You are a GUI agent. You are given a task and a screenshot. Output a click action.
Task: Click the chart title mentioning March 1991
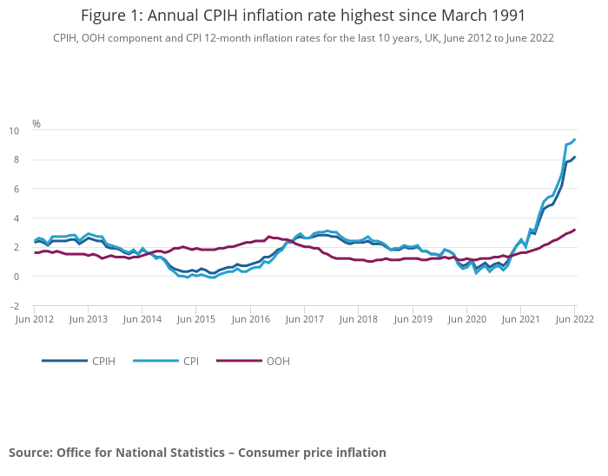point(303,16)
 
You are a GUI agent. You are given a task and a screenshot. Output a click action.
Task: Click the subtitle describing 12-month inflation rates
point(303,38)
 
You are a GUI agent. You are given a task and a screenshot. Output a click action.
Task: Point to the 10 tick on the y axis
point(14,131)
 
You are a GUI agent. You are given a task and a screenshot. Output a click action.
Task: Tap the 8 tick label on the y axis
point(17,160)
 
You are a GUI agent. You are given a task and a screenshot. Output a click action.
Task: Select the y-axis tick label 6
point(17,189)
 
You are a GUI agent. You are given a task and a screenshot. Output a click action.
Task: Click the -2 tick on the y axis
point(14,306)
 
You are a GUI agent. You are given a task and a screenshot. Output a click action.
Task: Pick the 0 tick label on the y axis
point(17,277)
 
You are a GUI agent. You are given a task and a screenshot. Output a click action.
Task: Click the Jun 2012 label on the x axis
point(35,319)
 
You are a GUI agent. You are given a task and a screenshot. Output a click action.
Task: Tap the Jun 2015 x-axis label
point(197,319)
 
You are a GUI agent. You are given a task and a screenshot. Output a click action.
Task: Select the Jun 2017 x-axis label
point(305,319)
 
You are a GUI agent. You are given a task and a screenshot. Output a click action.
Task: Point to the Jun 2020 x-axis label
point(467,319)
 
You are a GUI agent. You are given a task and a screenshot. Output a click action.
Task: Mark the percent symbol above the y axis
point(36,124)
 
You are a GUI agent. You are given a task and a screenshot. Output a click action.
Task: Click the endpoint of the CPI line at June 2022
point(575,140)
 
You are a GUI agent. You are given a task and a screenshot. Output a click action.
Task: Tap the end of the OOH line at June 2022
point(575,230)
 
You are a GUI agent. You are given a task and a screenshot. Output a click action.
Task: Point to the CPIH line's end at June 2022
point(575,157)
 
